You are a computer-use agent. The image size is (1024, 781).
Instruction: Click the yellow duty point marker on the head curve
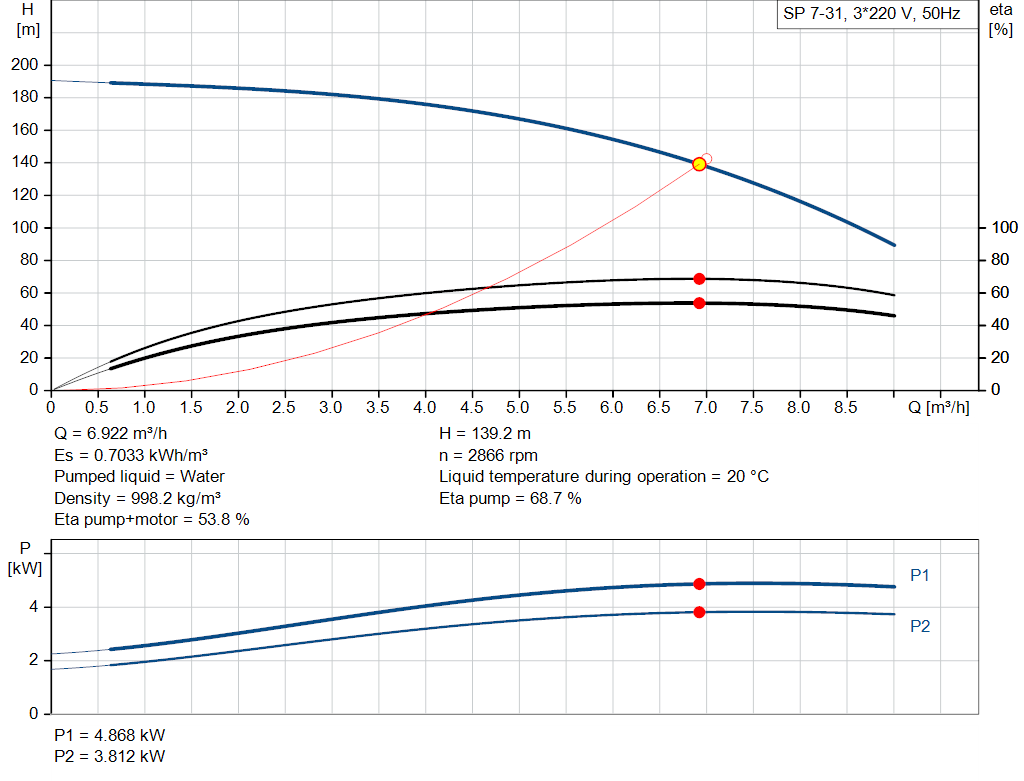[699, 164]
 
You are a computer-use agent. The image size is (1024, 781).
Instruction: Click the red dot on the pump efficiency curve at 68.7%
[699, 279]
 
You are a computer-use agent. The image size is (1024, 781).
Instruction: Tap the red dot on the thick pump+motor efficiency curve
[699, 303]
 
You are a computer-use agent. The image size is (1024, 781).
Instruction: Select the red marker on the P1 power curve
[699, 584]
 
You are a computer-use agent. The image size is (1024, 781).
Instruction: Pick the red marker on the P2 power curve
[699, 612]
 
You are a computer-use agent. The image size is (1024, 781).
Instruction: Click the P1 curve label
[921, 576]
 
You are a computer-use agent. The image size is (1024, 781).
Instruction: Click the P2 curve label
[921, 627]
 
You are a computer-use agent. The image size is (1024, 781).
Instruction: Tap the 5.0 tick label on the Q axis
[518, 408]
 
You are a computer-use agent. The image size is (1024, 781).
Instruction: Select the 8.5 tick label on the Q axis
[845, 408]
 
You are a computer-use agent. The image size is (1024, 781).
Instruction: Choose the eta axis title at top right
[1001, 19]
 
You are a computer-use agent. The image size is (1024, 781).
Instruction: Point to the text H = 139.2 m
[487, 434]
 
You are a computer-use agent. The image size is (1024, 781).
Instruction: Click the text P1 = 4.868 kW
[110, 735]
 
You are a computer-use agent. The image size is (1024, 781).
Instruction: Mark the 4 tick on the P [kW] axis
[34, 607]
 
